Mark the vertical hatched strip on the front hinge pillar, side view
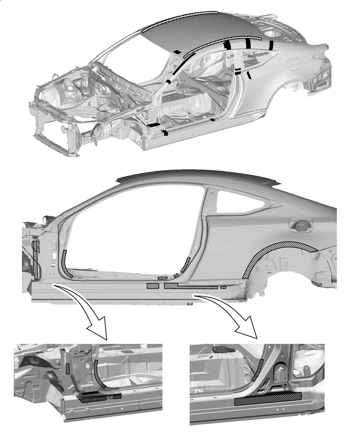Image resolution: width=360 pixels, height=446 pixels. point(35,260)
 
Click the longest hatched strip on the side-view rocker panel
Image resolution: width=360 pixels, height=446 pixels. point(191,287)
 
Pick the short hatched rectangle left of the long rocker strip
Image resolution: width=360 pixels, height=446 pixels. point(153,286)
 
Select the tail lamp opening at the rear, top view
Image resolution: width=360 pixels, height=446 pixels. point(320,79)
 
